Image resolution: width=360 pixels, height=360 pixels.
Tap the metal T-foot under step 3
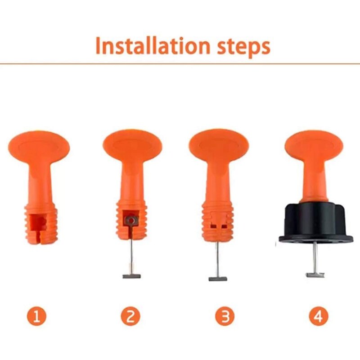tap(218, 279)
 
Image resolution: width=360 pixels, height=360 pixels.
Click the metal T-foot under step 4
tap(315, 274)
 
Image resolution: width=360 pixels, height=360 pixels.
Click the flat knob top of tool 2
tap(131, 145)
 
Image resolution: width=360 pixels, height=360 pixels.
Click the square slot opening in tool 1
tap(39, 222)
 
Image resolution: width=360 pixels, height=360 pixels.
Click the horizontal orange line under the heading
tap(180, 63)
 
